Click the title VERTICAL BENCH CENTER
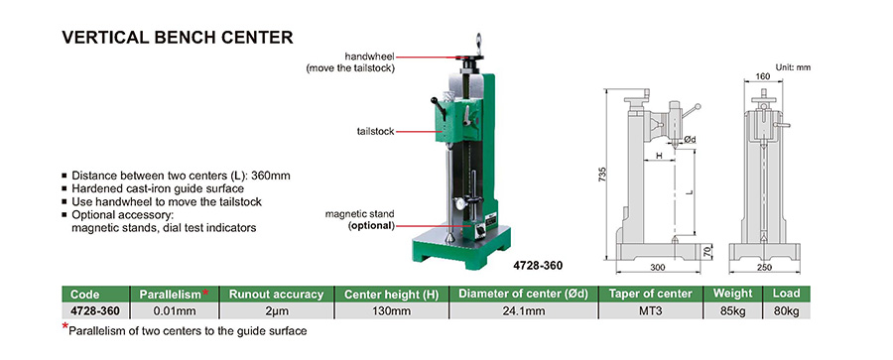point(178,38)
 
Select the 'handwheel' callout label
point(370,57)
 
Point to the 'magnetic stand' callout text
point(359,214)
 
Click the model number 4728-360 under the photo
point(538,266)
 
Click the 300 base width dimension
point(657,268)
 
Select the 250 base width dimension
point(764,268)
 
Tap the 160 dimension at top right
point(763,76)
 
